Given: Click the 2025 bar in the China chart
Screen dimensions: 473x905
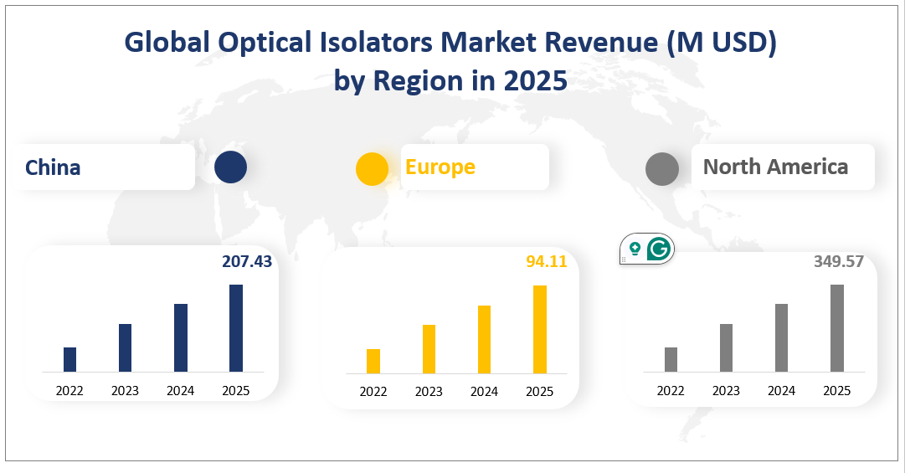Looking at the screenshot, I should tap(236, 328).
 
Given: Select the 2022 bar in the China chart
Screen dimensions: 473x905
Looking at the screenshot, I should tap(70, 359).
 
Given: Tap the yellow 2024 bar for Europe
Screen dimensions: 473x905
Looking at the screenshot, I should tap(484, 339).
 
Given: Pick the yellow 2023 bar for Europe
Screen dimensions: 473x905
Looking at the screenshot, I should tap(429, 348).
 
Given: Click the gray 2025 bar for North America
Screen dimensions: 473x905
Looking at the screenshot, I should tap(837, 328).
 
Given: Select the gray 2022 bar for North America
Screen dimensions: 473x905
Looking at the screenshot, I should tap(671, 359).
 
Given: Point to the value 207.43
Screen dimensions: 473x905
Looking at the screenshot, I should tap(247, 262).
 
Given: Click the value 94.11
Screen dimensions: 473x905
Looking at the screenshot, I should tap(547, 262).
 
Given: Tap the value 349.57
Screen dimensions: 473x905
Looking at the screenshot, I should tap(838, 262).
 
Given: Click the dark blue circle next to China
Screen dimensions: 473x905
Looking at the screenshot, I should tap(230, 167).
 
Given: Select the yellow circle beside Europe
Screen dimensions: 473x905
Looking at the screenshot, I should tap(372, 168).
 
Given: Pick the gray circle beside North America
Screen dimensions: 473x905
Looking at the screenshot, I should tap(661, 168).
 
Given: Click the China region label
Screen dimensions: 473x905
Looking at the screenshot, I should tap(53, 167).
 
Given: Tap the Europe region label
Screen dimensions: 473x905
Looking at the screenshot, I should tap(440, 167).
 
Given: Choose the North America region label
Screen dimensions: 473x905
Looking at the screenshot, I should tap(775, 167).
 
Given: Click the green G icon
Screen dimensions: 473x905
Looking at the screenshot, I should tap(660, 249).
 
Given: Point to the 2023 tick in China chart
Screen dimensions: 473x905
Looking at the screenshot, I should tap(125, 390).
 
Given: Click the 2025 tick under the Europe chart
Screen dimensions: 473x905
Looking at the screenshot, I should tap(539, 392).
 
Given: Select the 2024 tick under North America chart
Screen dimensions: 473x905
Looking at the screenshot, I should tap(781, 390).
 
